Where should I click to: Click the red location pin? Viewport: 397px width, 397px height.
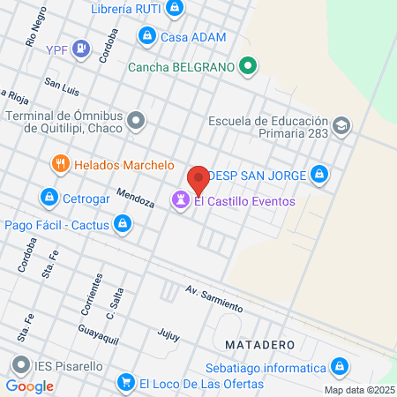click(198, 180)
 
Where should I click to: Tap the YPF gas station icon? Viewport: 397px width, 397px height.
click(81, 49)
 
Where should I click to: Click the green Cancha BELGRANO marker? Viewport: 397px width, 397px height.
click(249, 65)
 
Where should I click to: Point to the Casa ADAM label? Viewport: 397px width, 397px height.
click(192, 37)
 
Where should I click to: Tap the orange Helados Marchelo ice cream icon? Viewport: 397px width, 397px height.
click(60, 163)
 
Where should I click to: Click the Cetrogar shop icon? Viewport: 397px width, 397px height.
click(49, 197)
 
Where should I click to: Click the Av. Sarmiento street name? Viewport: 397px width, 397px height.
click(213, 297)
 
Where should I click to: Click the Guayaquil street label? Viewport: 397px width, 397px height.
click(98, 331)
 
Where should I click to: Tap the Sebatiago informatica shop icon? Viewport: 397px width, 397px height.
click(339, 366)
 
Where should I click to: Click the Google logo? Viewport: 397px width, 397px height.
click(30, 386)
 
